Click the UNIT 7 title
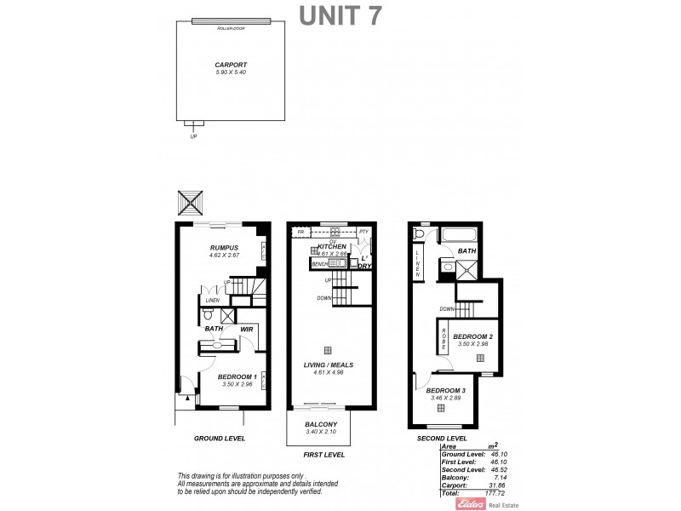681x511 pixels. pyautogui.click(x=339, y=16)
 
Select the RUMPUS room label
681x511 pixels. pyautogui.click(x=224, y=247)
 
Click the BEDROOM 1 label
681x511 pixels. pyautogui.click(x=237, y=376)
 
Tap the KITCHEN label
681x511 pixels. pyautogui.click(x=331, y=246)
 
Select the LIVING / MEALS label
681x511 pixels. pyautogui.click(x=329, y=365)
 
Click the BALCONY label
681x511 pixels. pyautogui.click(x=321, y=424)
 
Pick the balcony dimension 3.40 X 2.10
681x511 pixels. pyautogui.click(x=321, y=432)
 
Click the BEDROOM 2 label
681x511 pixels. pyautogui.click(x=473, y=336)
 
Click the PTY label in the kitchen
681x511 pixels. pyautogui.click(x=363, y=232)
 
